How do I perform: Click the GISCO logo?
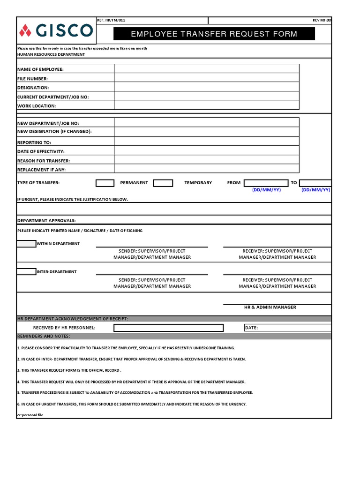tap(56, 31)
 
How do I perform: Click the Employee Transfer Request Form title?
tap(214, 34)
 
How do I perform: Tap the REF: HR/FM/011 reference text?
tap(111, 21)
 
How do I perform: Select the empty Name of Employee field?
tap(206, 69)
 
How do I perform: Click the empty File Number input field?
tap(206, 78)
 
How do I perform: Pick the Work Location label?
tap(37, 106)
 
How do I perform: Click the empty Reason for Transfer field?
tap(206, 160)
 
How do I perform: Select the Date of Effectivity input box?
tap(206, 151)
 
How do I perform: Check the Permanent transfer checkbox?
tap(105, 183)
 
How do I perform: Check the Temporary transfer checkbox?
tap(163, 183)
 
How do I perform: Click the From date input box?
tap(266, 183)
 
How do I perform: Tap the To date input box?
tap(315, 183)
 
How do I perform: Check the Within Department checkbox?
tap(26, 243)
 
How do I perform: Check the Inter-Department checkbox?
tap(26, 271)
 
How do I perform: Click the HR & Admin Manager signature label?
tap(270, 307)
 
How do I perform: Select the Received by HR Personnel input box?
tap(168, 328)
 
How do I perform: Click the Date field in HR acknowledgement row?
tap(287, 328)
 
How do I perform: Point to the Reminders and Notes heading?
tap(44, 336)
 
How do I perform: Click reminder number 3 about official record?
tap(69, 370)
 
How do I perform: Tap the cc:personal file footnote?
tap(30, 415)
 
